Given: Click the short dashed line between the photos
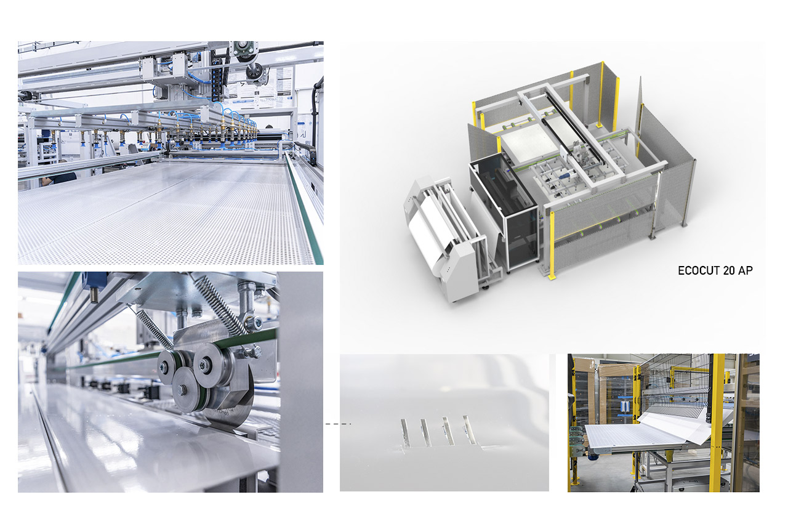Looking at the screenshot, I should point(337,424).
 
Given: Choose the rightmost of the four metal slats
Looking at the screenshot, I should point(469,430).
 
